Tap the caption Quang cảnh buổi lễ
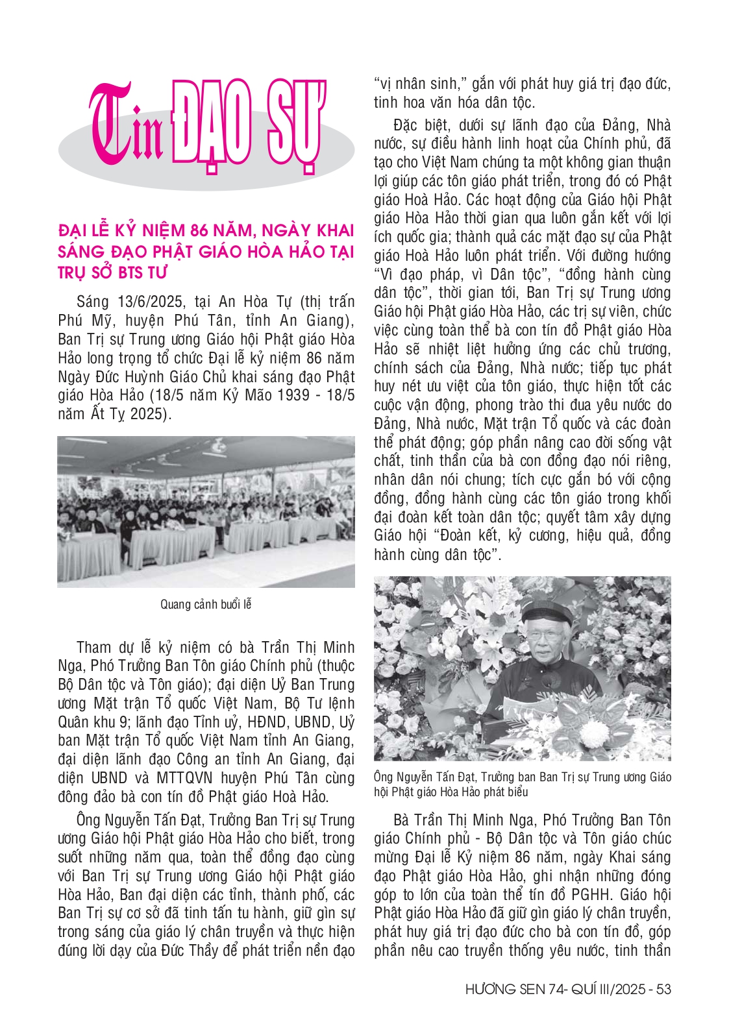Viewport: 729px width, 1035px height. coord(206,605)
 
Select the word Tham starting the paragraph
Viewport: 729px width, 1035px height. coord(93,648)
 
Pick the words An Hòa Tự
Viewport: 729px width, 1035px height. coord(249,302)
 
